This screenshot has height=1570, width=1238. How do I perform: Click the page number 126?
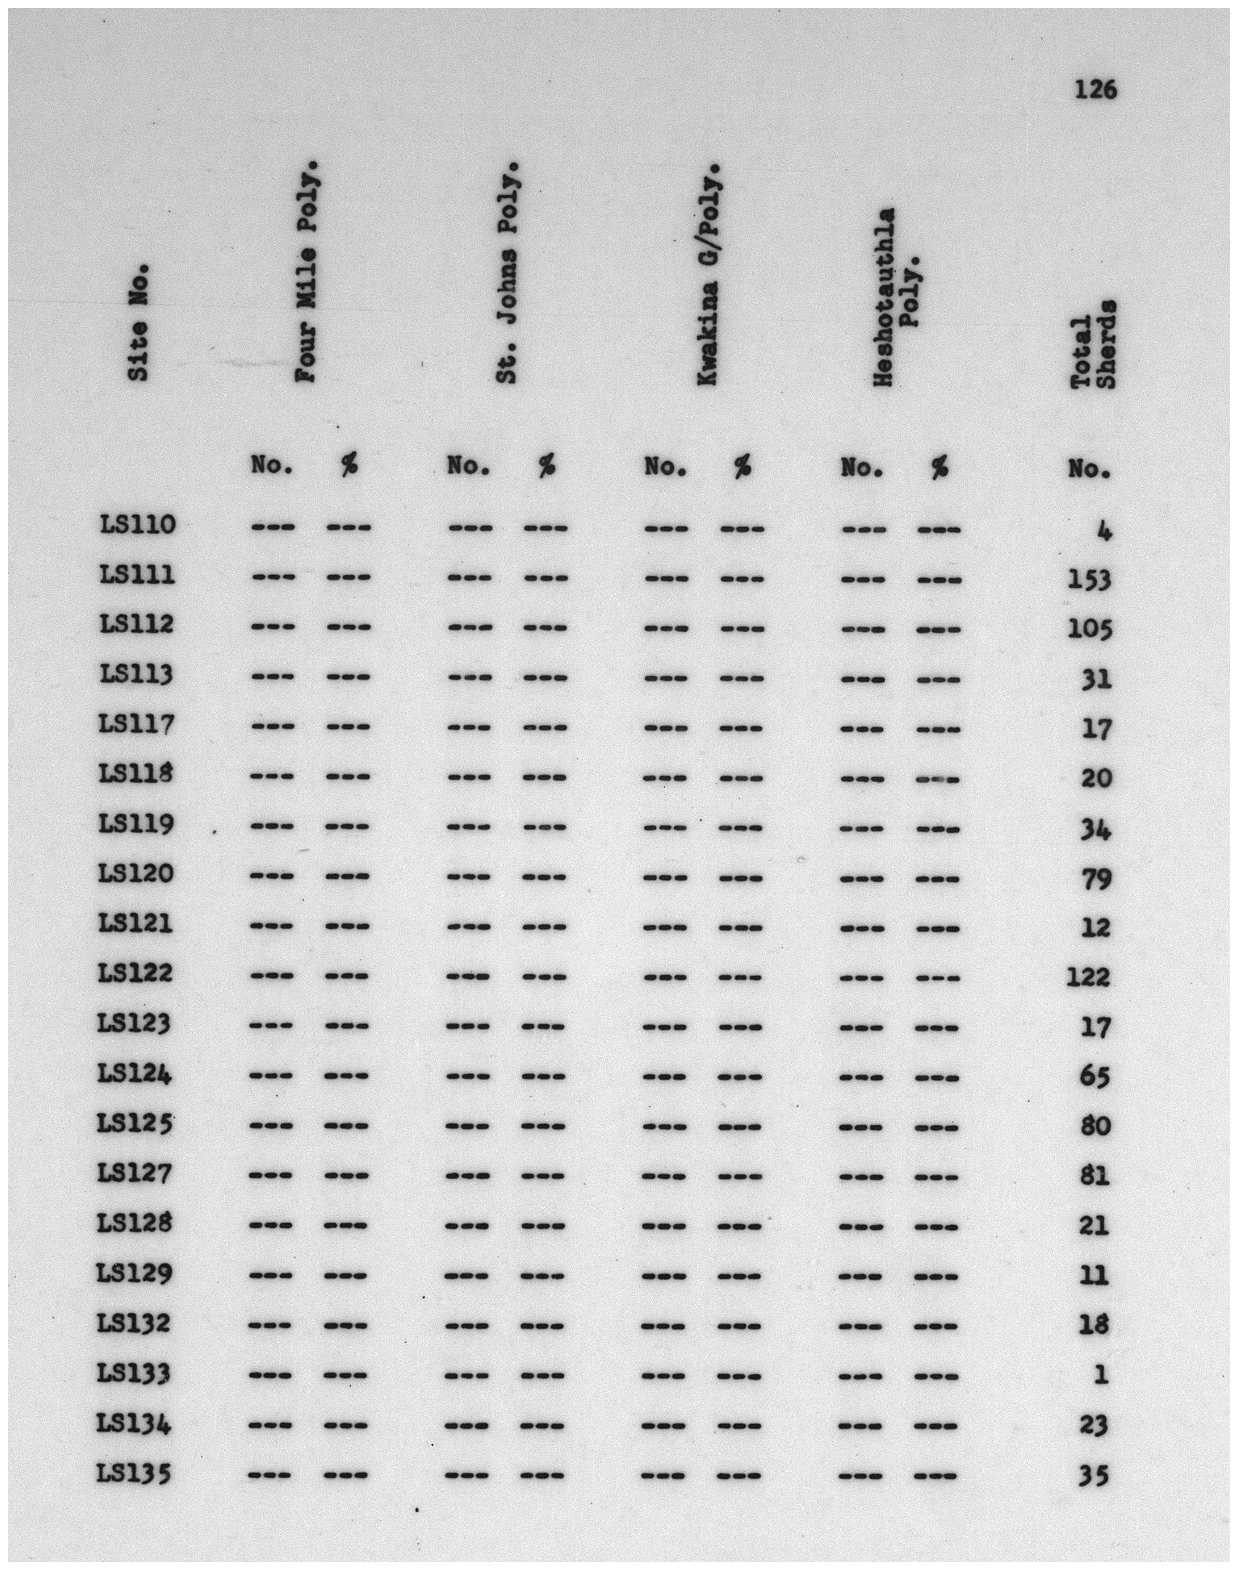[1095, 91]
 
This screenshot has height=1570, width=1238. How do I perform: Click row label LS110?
[137, 524]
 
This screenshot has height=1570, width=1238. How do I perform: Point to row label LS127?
[136, 1173]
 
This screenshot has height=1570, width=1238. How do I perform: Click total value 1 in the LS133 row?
[1101, 1374]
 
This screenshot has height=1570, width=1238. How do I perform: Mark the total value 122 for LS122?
[1088, 977]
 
